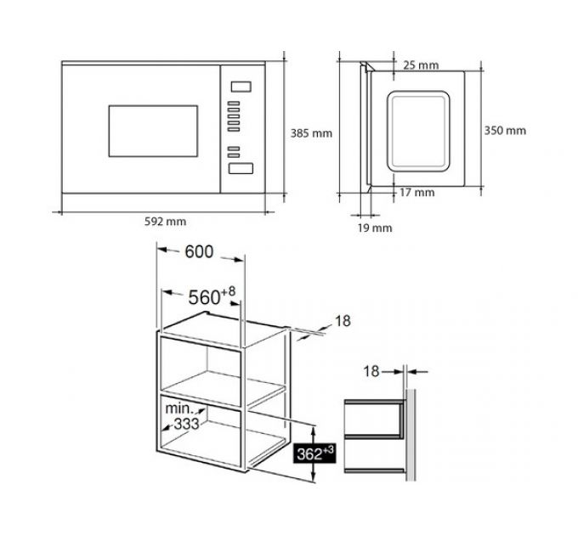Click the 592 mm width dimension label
165,222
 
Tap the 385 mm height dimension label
311,133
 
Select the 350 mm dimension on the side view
505,131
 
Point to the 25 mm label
421,65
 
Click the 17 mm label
416,193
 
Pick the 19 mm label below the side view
375,228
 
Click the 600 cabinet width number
199,252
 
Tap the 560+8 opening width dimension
212,296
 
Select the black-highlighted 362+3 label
314,453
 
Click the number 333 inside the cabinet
186,424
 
